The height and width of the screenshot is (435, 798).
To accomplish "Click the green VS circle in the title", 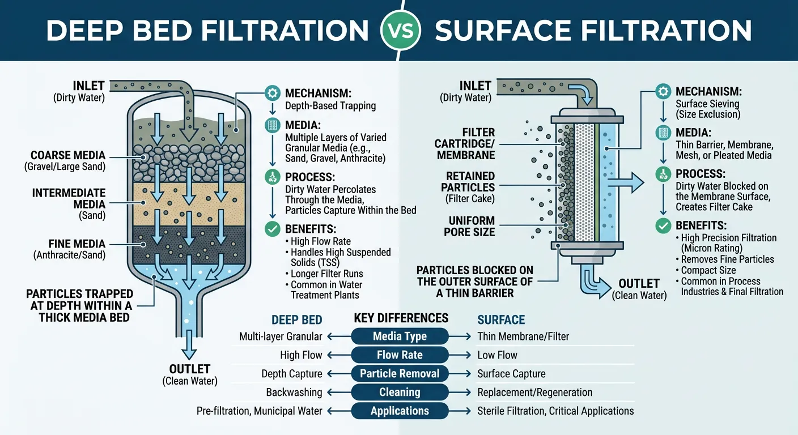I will pos(399,29).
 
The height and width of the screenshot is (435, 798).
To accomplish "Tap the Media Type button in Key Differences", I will pos(400,336).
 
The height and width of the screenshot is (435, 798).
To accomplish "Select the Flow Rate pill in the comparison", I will pos(400,355).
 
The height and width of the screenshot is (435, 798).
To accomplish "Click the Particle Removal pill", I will pos(400,374).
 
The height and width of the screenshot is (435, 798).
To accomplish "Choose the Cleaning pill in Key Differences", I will pos(400,393).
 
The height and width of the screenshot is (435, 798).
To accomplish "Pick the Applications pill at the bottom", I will pos(400,411).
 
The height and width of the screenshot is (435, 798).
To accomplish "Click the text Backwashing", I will pos(294,393).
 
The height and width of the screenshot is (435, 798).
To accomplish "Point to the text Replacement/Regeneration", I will pos(534,393).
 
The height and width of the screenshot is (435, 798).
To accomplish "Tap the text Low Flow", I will pos(497,355).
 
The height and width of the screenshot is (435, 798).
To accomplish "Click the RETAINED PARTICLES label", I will pos(470,181).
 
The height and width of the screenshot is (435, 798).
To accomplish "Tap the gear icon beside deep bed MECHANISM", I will pos(272,93).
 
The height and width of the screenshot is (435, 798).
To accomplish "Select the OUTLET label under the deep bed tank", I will pos(190,369).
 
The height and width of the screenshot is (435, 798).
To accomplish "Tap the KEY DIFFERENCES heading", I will pos(401,318).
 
